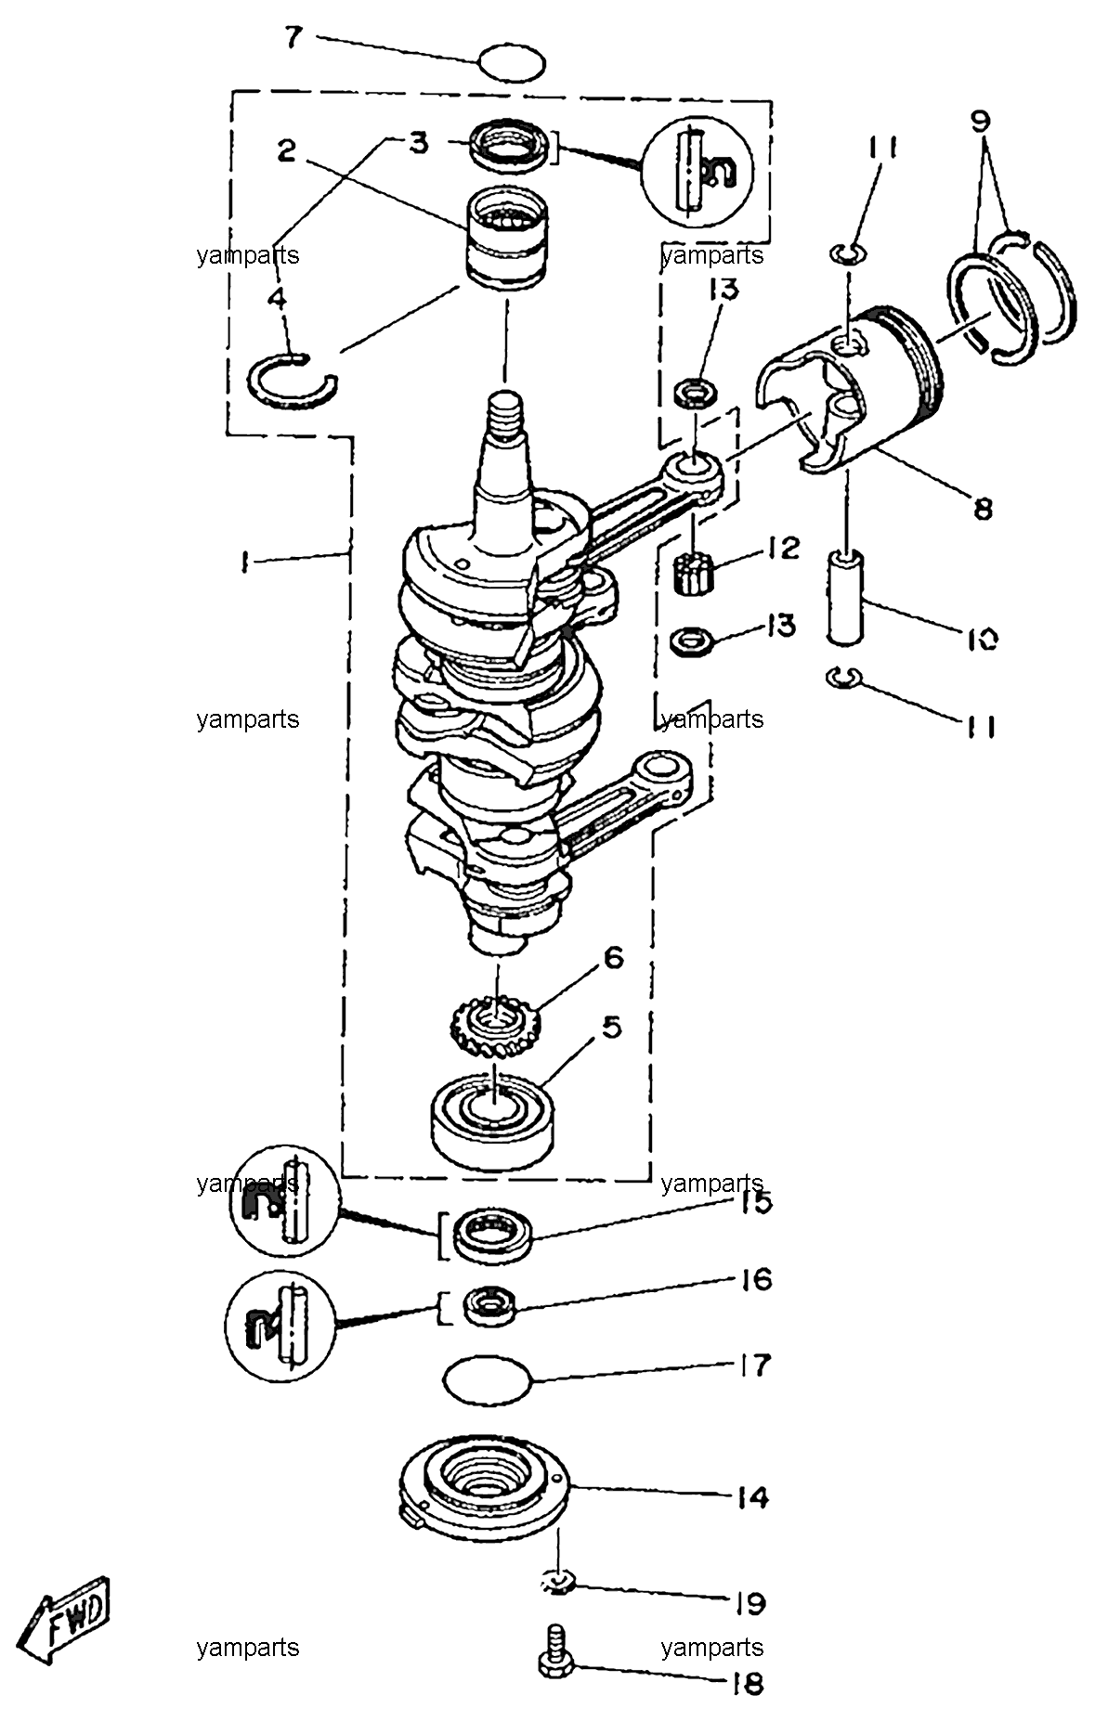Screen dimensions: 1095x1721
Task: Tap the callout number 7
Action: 293,38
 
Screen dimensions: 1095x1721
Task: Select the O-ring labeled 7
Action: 512,63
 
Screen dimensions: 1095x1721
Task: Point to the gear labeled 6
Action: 489,1026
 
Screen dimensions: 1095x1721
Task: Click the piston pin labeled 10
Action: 848,596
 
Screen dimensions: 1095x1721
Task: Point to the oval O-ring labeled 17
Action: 489,1380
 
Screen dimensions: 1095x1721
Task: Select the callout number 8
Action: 983,508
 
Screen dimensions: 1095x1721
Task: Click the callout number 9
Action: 981,120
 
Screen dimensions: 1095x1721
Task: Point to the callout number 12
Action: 783,547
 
